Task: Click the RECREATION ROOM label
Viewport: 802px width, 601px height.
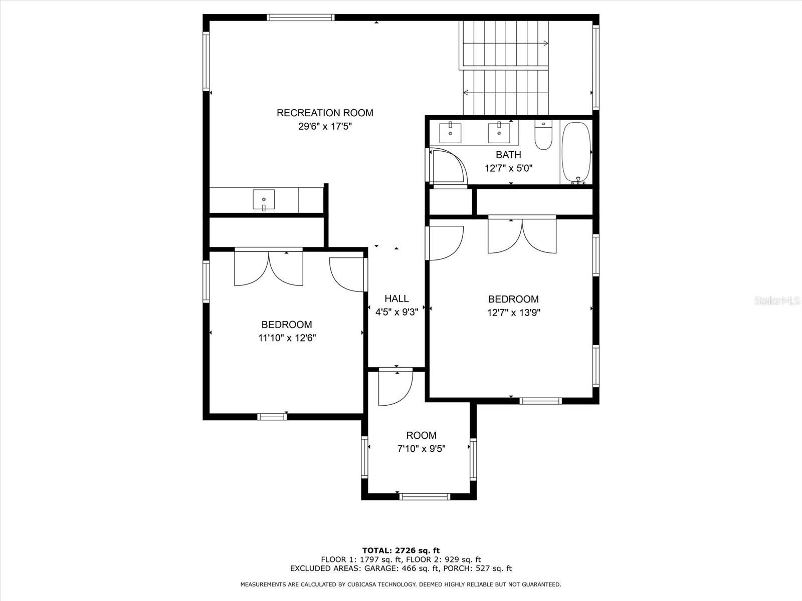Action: [325, 113]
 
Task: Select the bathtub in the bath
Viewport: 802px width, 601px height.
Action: [576, 153]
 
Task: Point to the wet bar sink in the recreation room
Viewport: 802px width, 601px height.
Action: [264, 200]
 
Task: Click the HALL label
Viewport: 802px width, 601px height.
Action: [396, 298]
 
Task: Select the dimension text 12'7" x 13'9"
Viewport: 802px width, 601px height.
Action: [514, 313]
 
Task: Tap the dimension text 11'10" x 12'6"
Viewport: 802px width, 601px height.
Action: [287, 338]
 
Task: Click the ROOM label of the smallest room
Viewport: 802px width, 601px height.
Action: [421, 435]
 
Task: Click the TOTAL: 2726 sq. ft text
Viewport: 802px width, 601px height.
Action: [401, 550]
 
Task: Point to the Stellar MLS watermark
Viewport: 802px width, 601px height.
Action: [777, 300]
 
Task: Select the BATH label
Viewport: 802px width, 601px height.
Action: [508, 155]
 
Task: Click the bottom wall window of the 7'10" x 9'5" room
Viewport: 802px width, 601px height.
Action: [424, 496]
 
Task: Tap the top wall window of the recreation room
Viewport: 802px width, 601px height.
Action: [300, 17]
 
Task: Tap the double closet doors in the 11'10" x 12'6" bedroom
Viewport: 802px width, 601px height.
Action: [269, 268]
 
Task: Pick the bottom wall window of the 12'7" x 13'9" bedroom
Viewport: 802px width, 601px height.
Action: [540, 401]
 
